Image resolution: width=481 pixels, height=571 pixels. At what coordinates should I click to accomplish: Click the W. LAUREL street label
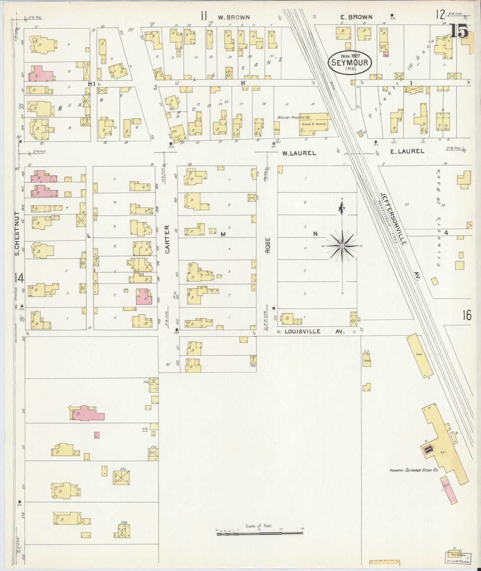(298, 153)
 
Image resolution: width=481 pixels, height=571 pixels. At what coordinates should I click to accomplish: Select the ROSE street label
(267, 246)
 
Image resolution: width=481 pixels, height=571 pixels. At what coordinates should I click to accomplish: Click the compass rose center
(342, 246)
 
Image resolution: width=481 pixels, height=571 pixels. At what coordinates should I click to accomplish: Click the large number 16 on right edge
(467, 315)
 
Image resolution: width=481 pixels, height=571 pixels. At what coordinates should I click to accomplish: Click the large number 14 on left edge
(19, 277)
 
